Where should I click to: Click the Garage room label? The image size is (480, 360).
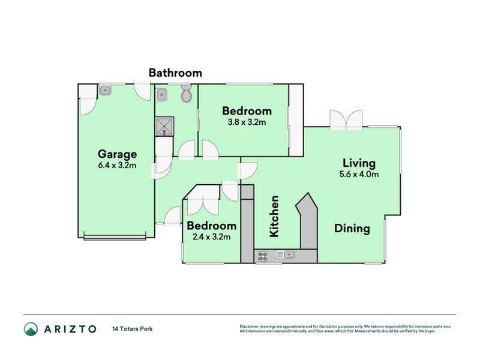[x=117, y=154]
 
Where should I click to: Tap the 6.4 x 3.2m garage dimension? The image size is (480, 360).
[x=117, y=166]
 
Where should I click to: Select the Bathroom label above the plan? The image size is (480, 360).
[x=175, y=73]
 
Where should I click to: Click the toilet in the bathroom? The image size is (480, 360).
[x=186, y=93]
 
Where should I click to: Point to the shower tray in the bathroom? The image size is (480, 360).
[x=164, y=126]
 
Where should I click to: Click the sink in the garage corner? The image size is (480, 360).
[x=105, y=90]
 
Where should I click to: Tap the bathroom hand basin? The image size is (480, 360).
[x=161, y=95]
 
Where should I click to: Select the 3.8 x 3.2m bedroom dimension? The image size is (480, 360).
[x=247, y=122]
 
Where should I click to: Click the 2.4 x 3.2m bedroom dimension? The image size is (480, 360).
[x=212, y=236]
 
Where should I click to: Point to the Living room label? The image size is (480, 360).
[x=359, y=163]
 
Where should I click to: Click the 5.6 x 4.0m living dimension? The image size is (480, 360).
[x=359, y=174]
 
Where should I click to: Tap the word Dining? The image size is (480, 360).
[x=352, y=229]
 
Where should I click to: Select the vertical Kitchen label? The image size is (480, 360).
[x=274, y=216]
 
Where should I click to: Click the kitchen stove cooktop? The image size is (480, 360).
[x=263, y=257]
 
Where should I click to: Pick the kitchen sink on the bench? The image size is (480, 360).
[x=284, y=254]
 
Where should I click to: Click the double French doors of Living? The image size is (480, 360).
[x=346, y=120]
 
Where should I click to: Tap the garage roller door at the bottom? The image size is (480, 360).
[x=115, y=237]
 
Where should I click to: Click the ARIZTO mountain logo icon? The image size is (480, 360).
[x=31, y=329]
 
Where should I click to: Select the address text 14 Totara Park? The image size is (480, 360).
[x=132, y=329]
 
